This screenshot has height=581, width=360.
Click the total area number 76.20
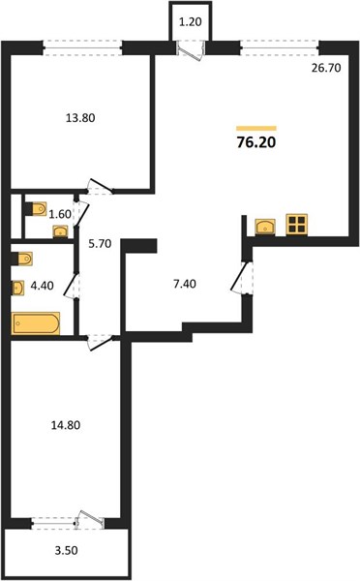coord(256,142)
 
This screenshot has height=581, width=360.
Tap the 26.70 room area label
coord(326,68)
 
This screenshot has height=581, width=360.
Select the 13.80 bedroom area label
coord(80,118)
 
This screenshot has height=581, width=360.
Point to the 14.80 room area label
coord(65,425)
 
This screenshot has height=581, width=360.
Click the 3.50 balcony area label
coord(67,551)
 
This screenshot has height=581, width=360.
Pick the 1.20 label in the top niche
coord(191,22)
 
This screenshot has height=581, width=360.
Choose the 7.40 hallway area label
coord(185,284)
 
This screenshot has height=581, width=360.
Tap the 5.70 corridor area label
coord(100,244)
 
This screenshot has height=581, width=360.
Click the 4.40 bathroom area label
coord(43,286)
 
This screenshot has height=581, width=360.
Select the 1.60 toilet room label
coord(60,214)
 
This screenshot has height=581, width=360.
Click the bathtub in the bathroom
coord(36,323)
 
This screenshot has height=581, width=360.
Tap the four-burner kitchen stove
coord(297,225)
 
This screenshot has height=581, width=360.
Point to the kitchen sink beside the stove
coord(265,227)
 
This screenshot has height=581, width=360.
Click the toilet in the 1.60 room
coord(37,208)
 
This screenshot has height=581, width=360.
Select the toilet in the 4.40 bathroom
coord(22,259)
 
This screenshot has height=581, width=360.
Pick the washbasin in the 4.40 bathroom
coord(17,288)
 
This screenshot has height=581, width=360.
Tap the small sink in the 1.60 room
coord(60,231)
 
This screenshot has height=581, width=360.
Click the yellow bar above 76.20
coord(256,129)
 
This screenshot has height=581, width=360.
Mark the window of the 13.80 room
coord(82,48)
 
